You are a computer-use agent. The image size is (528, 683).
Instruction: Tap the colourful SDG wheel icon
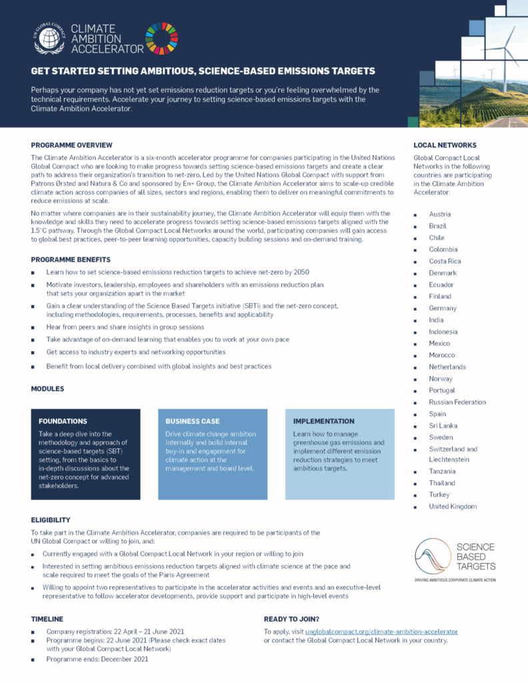point(162,38)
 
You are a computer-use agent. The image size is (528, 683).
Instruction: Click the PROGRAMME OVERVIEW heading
point(71,145)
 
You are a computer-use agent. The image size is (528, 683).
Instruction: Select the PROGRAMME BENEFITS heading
point(71,259)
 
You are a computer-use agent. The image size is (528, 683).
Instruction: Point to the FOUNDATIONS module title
point(63,422)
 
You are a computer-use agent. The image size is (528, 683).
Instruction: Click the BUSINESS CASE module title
point(193,422)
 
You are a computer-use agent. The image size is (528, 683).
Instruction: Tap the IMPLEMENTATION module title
point(324,422)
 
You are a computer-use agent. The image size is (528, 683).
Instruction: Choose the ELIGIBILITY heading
point(51,520)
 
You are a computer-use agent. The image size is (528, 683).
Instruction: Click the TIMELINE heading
point(47,619)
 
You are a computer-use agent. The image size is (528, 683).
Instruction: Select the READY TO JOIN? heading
point(291,619)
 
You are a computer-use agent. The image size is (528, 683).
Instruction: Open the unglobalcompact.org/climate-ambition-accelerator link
point(381,631)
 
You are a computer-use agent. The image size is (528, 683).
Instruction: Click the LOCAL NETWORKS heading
point(445,145)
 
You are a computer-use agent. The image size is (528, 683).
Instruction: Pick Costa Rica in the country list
point(445,261)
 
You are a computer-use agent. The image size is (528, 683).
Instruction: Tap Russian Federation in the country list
point(457,402)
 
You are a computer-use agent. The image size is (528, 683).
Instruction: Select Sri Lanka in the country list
point(443,426)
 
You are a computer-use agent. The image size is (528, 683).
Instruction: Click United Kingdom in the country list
point(453,507)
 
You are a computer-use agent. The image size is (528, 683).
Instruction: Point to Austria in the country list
point(440,214)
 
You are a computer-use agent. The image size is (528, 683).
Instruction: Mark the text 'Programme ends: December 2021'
point(97,659)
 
